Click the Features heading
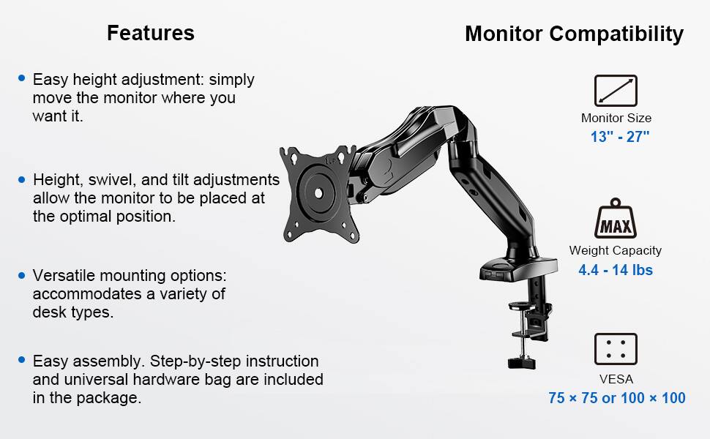tap(150, 33)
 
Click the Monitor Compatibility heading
tap(574, 34)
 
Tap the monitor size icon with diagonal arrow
tap(615, 91)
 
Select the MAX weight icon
tap(615, 220)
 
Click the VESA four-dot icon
tap(615, 349)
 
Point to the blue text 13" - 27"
tap(620, 137)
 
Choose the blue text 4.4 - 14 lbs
tap(615, 270)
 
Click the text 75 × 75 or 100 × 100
tap(616, 398)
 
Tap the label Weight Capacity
tap(615, 250)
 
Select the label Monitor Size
tap(616, 118)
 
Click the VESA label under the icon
tap(616, 379)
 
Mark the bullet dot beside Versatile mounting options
tap(22, 275)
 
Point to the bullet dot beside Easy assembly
tap(22, 360)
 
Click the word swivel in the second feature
tap(106, 180)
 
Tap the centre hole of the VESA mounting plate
tap(318, 193)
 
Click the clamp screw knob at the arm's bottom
tap(521, 361)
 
